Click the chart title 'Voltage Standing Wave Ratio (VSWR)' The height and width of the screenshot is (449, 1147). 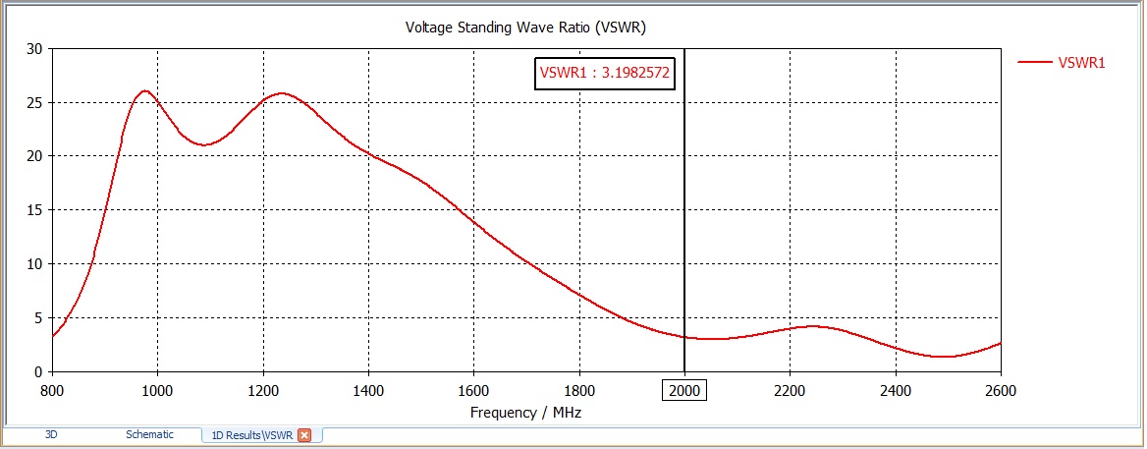tap(525, 27)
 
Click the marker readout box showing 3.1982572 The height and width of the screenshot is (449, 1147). tap(605, 73)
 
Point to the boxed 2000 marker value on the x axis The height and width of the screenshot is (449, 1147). tap(684, 390)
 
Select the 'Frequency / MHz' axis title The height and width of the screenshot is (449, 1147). tap(525, 413)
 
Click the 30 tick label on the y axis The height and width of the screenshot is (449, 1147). tap(34, 49)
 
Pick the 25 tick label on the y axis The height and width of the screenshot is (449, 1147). tap(34, 102)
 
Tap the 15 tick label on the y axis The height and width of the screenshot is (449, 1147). tap(34, 210)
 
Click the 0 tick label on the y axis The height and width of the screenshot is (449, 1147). tap(38, 371)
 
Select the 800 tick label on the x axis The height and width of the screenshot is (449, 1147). tap(52, 390)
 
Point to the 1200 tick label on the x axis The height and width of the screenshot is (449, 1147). tap(262, 390)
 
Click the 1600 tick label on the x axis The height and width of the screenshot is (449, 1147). tap(473, 390)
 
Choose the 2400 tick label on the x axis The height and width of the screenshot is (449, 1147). tap(895, 390)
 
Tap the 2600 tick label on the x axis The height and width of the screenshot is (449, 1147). tap(1000, 390)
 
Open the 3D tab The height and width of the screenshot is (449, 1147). tap(52, 434)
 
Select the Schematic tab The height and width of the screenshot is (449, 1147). tap(149, 434)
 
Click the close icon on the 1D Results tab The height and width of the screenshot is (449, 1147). tap(304, 435)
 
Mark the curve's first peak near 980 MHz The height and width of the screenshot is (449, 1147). tap(145, 91)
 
